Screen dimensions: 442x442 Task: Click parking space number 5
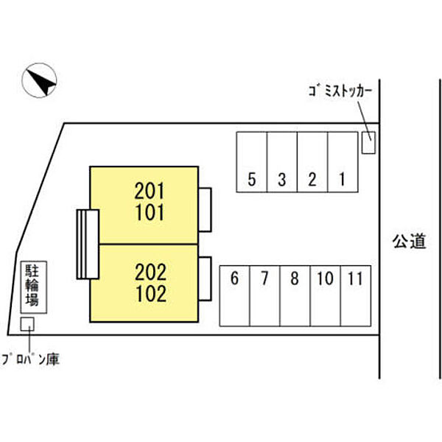point(252,178)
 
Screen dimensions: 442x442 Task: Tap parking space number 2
point(312,178)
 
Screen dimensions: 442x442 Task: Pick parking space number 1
point(342,178)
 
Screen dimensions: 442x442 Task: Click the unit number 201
point(150,192)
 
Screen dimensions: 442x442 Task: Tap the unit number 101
point(150,214)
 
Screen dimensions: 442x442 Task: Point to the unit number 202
point(150,272)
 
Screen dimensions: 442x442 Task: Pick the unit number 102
point(150,294)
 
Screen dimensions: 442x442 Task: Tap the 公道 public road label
point(409,242)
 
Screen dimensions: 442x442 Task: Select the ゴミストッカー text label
point(340,90)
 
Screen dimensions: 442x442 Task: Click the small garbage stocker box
point(368,142)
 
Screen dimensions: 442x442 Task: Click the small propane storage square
point(27,323)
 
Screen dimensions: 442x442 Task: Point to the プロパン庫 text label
point(29,360)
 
